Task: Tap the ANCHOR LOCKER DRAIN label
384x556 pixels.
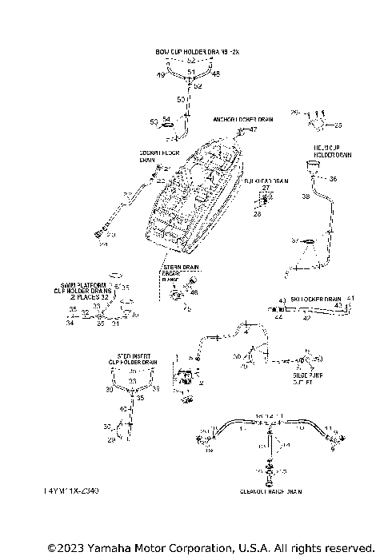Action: [242, 119]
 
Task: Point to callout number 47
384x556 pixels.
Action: [254, 129]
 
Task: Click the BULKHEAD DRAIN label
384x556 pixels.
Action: [266, 181]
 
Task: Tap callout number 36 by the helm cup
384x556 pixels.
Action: [333, 179]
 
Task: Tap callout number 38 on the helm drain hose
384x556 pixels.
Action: [306, 196]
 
